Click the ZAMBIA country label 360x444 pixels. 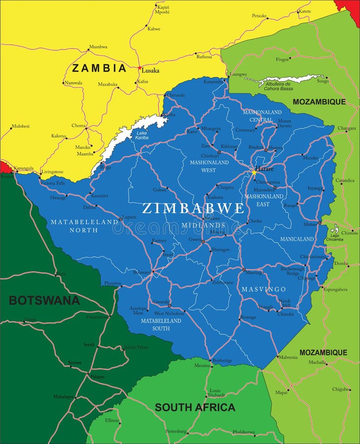tap(99, 68)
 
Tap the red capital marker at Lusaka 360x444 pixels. tap(140, 68)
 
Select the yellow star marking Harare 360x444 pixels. tap(254, 172)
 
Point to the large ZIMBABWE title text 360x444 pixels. tap(193, 208)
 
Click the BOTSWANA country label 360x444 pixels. tap(44, 300)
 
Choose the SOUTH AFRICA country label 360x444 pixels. tap(195, 407)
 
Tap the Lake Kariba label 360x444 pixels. tap(142, 135)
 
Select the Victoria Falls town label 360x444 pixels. tap(52, 184)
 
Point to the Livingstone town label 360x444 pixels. tap(52, 172)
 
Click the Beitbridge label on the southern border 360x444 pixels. tap(222, 361)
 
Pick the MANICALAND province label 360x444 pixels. tap(297, 239)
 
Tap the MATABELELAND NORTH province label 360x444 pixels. tap(84, 226)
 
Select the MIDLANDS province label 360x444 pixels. tap(209, 225)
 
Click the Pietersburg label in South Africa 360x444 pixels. tap(176, 431)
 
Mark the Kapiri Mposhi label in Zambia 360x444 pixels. tap(162, 9)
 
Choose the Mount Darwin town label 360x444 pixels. tap(284, 123)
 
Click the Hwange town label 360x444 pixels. tap(58, 197)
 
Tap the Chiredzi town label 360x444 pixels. tap(285, 314)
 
